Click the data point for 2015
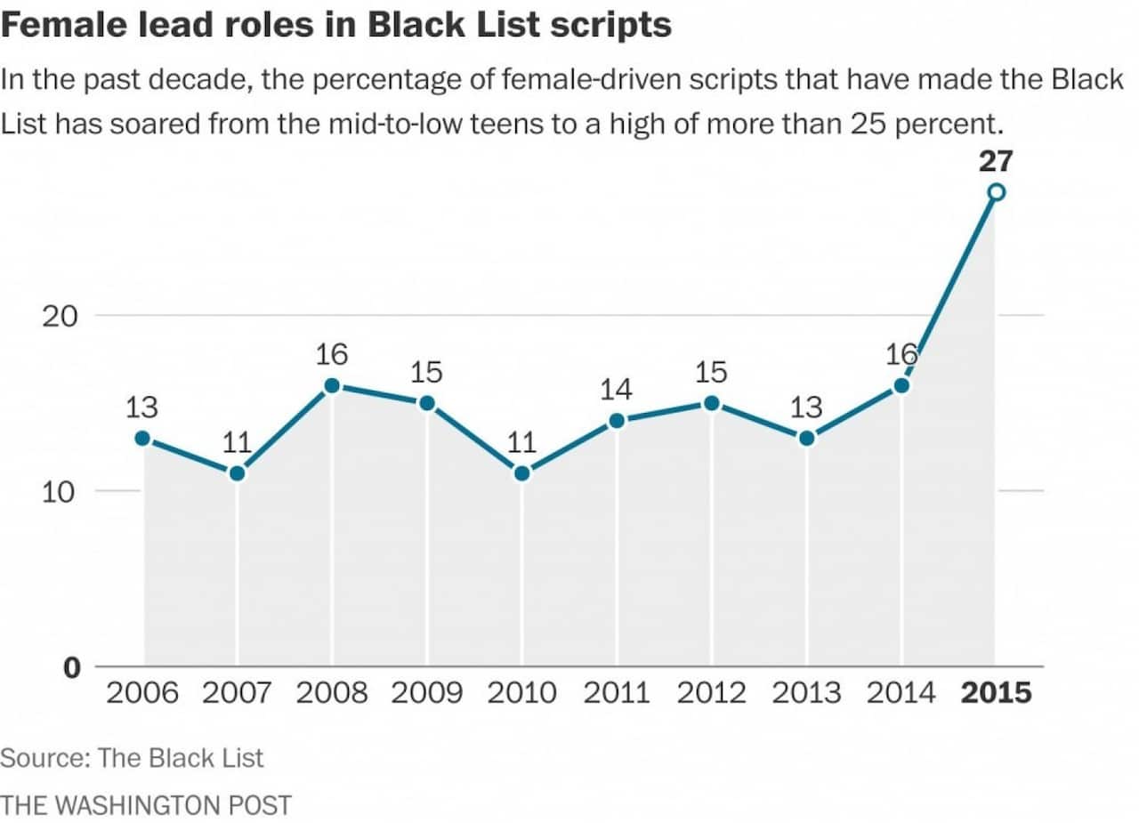(x=997, y=192)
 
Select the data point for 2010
(x=521, y=473)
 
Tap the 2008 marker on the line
(x=332, y=385)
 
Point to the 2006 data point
(x=142, y=438)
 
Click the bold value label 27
(x=995, y=161)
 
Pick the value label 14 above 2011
(x=616, y=389)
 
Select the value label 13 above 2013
(x=806, y=407)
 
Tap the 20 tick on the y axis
(x=61, y=316)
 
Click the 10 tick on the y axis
(x=61, y=491)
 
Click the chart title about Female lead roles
(x=335, y=24)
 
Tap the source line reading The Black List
(x=132, y=758)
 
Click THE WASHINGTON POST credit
(x=146, y=805)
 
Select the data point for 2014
(x=901, y=385)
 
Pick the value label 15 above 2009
(x=426, y=371)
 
